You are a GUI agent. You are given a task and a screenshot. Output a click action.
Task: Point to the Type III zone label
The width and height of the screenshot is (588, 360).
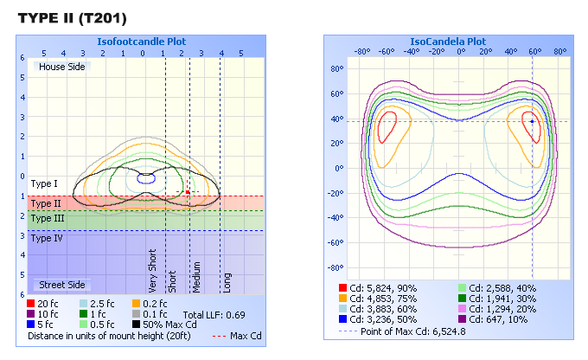point(47,219)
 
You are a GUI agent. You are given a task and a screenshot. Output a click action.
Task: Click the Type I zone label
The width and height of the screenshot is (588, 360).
point(43,183)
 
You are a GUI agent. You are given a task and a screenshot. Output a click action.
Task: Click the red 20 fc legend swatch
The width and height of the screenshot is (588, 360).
point(32,303)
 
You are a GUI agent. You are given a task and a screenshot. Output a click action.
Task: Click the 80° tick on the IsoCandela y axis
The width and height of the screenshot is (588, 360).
point(339,67)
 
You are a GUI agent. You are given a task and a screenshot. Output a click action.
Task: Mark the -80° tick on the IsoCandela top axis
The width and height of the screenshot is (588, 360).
point(362,50)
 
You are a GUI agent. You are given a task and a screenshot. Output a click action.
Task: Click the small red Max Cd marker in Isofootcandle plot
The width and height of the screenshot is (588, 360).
point(188,192)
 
